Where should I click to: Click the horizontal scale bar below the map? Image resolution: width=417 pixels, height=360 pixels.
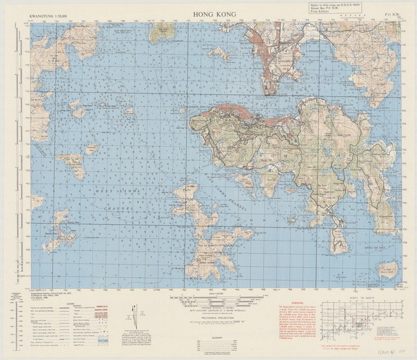(208, 297)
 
